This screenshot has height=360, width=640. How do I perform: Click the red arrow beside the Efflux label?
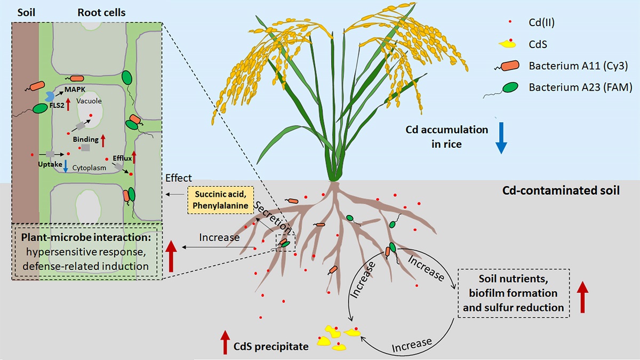(x=134, y=156)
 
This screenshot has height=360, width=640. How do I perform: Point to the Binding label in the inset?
(x=86, y=140)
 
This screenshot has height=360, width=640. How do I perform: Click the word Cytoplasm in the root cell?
(x=87, y=167)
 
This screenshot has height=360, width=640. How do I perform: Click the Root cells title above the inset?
(x=101, y=12)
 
